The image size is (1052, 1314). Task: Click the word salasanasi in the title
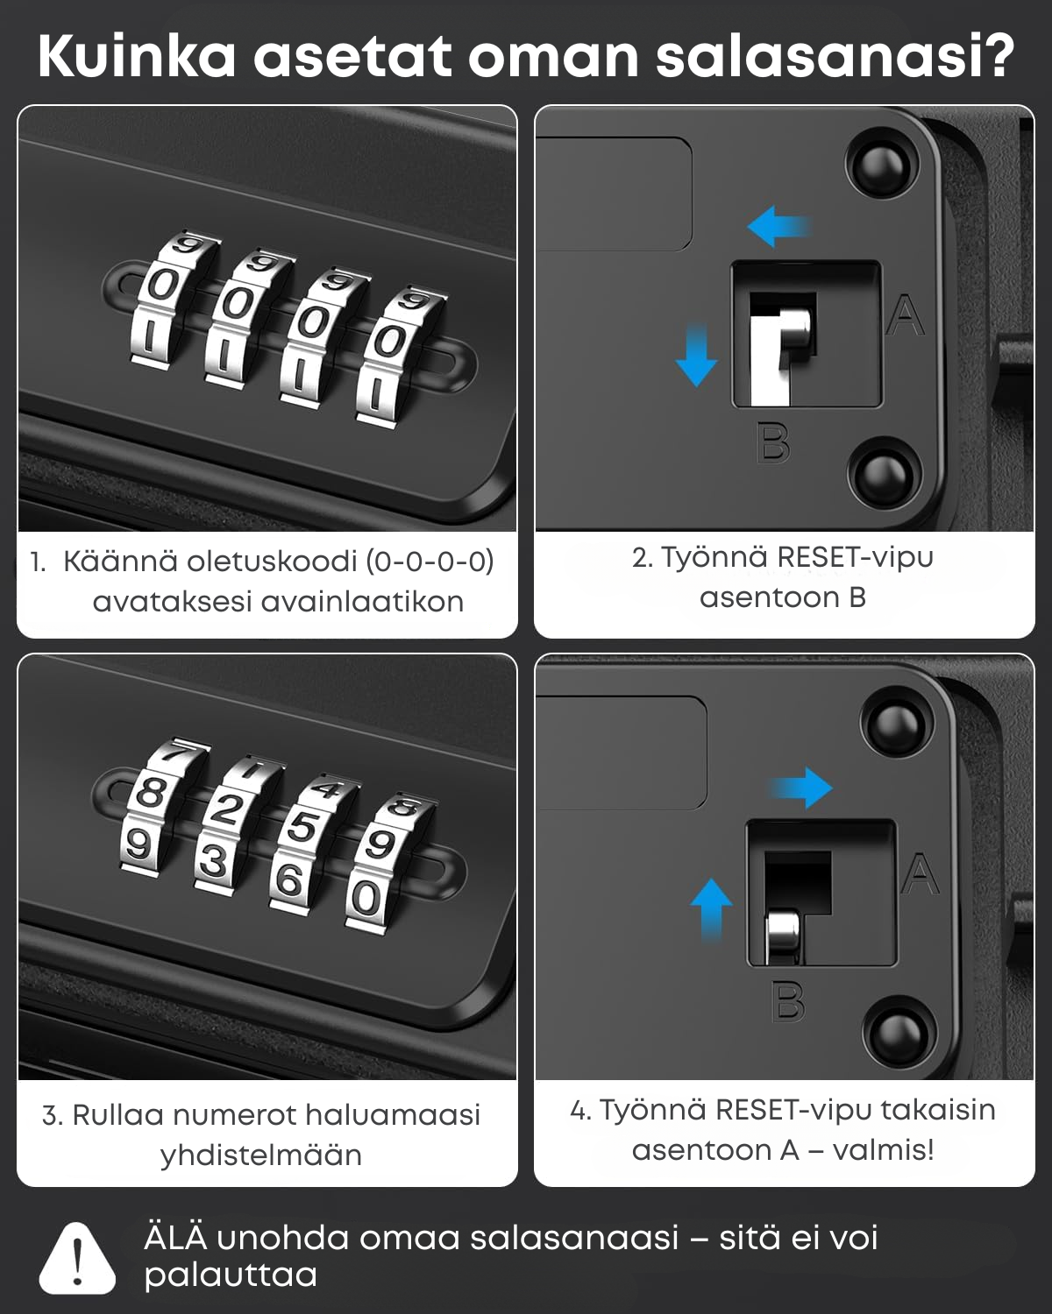pyautogui.click(x=835, y=56)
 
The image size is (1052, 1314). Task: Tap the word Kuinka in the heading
pyautogui.click(x=137, y=56)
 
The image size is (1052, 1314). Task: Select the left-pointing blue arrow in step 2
pyautogui.click(x=779, y=226)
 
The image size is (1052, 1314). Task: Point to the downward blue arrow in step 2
pyautogui.click(x=696, y=355)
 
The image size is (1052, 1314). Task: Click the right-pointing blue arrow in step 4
pyautogui.click(x=800, y=788)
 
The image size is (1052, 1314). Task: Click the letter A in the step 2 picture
pyautogui.click(x=906, y=314)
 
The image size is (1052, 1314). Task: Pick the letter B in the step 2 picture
pyautogui.click(x=773, y=442)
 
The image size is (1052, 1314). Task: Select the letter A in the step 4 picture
pyautogui.click(x=920, y=874)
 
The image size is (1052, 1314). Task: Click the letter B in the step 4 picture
pyautogui.click(x=788, y=1001)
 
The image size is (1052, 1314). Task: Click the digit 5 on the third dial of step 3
pyautogui.click(x=302, y=827)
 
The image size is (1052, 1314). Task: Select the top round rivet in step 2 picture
pyautogui.click(x=882, y=166)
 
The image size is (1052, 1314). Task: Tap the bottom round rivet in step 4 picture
pyautogui.click(x=899, y=1035)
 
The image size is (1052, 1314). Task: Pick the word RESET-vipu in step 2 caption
pyautogui.click(x=856, y=557)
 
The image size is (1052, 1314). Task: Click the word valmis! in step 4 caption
pyautogui.click(x=884, y=1150)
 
